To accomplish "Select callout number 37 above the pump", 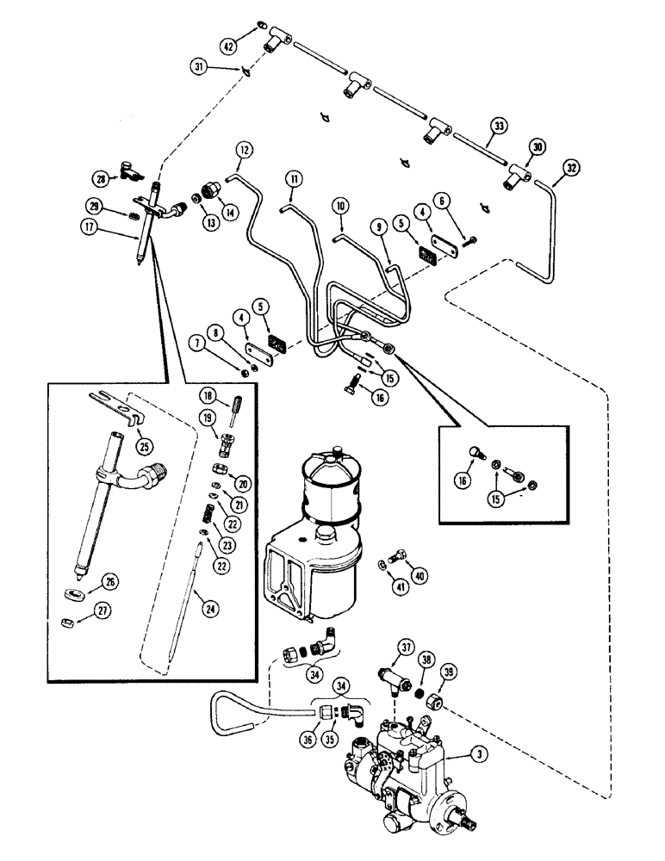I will [x=382, y=647].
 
